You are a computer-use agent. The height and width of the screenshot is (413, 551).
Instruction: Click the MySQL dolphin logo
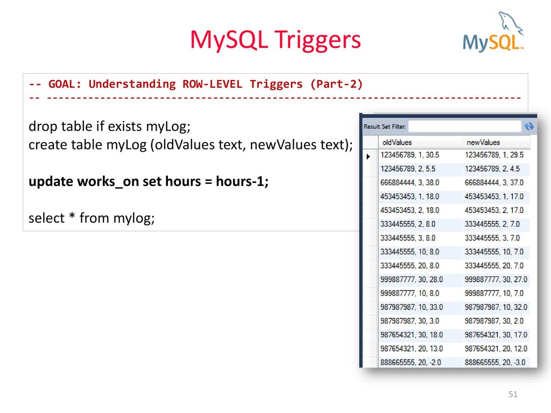point(493,32)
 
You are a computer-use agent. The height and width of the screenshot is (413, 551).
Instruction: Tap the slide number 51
point(513,394)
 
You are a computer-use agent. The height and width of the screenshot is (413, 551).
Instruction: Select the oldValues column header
point(397,143)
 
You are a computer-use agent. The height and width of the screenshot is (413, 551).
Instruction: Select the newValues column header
point(483,143)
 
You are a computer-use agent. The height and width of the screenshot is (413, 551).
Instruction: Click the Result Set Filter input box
point(464,126)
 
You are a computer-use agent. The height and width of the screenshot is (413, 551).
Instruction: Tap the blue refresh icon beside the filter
point(529,126)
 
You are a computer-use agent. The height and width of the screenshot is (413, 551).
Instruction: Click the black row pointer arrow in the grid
point(368,156)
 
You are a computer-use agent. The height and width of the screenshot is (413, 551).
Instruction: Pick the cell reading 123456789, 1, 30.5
point(409,155)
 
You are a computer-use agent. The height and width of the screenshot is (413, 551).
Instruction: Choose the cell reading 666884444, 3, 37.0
point(494,183)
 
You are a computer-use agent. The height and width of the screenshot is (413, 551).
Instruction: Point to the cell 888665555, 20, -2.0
point(411,362)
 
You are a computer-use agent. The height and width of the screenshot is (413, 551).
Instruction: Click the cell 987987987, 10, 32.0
point(496,307)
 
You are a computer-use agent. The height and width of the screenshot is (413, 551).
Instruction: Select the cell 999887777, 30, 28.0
point(412,280)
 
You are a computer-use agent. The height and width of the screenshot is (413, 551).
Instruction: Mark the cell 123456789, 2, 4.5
point(492,169)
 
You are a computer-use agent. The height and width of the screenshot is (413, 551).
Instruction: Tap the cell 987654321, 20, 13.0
point(412,348)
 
